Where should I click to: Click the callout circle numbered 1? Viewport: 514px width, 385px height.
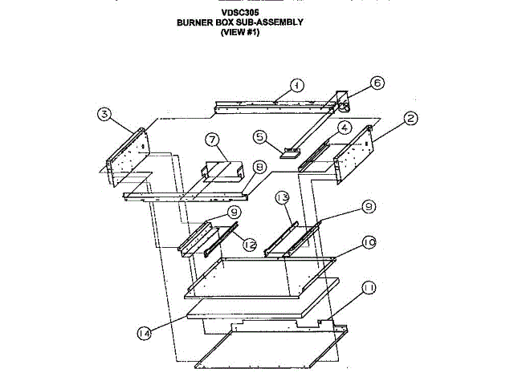[296, 85]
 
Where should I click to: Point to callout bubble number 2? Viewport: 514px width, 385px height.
[410, 119]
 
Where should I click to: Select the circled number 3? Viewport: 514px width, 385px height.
[104, 114]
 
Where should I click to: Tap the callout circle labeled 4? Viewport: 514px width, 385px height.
[343, 128]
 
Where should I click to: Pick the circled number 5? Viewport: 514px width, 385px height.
[259, 136]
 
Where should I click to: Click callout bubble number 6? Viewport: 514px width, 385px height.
[377, 82]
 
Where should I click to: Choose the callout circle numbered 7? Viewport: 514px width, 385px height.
[213, 140]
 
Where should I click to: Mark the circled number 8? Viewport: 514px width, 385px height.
[259, 167]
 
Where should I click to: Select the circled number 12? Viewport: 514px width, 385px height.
[250, 246]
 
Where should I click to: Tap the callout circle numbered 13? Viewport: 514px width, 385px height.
[281, 197]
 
